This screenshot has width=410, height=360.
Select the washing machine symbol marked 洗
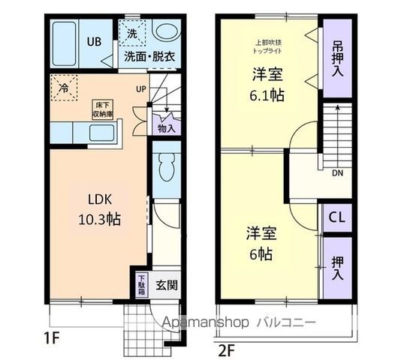tap(131, 33)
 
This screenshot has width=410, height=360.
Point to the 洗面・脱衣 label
tap(150, 55)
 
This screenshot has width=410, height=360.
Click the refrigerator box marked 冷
tap(62, 87)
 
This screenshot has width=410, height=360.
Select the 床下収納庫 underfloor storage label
tap(102, 109)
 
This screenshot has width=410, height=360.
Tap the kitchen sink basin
tap(99, 135)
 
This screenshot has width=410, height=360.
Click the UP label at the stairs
tap(140, 89)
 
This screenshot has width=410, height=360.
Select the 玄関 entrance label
tap(167, 286)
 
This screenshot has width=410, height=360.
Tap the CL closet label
tap(338, 218)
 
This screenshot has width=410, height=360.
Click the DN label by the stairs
tap(335, 172)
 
